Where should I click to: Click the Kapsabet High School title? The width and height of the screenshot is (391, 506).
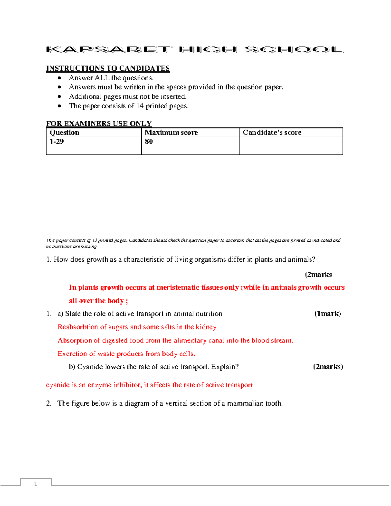click(x=195, y=50)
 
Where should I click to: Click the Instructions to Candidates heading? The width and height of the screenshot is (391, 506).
click(x=108, y=68)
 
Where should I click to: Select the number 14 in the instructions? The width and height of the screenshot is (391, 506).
click(x=140, y=106)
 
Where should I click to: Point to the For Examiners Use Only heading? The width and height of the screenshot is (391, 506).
click(x=99, y=124)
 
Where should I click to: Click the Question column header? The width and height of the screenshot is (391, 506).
click(x=65, y=133)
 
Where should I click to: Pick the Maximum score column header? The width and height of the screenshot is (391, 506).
click(x=171, y=133)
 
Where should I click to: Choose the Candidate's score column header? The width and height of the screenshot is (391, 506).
click(x=272, y=133)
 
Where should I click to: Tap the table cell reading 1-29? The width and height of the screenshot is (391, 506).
click(x=57, y=142)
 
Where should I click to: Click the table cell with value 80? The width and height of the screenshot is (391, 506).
click(x=149, y=142)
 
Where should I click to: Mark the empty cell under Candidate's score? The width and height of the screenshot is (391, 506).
click(x=291, y=146)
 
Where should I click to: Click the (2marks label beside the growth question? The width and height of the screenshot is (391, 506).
click(x=318, y=275)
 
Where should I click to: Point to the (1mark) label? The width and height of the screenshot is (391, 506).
click(x=327, y=314)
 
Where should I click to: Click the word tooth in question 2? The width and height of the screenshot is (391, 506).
click(x=274, y=404)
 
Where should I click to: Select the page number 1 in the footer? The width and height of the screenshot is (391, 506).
click(x=36, y=484)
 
